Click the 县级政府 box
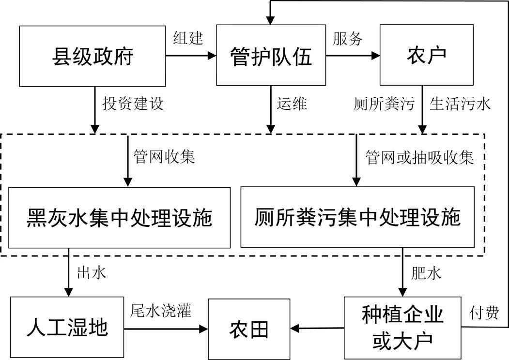[92, 57]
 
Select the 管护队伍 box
[271, 57]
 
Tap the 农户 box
[427, 57]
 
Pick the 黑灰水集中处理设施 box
[119, 218]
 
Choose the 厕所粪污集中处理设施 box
[358, 218]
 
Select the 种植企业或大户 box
[402, 328]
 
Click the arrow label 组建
[188, 39]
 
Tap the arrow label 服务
[348, 39]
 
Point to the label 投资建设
[133, 104]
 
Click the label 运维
[292, 104]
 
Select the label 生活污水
[460, 104]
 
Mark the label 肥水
[426, 273]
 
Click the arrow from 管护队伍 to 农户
[353, 56]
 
